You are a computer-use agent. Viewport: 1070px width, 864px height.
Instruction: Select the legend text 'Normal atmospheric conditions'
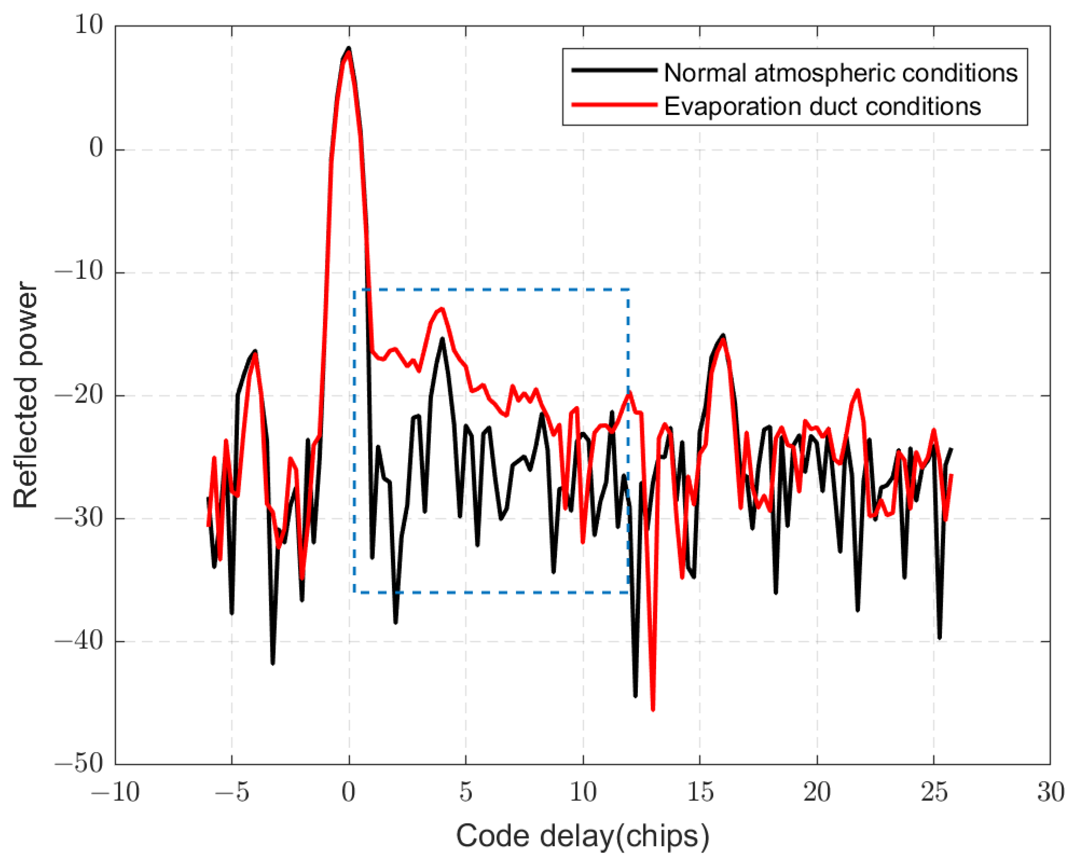[840, 73]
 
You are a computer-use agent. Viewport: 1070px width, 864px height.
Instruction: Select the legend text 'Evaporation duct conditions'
[822, 106]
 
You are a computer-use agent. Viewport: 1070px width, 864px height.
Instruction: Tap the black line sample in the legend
[614, 70]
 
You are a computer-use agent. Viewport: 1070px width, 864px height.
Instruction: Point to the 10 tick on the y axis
[88, 25]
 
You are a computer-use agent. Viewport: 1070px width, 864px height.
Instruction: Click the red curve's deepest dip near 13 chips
[653, 710]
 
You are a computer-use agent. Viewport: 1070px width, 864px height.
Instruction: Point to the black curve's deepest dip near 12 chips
[636, 696]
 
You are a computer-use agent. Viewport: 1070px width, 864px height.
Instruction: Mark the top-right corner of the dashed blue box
[628, 289]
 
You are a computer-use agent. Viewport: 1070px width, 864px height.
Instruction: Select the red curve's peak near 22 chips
[857, 391]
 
